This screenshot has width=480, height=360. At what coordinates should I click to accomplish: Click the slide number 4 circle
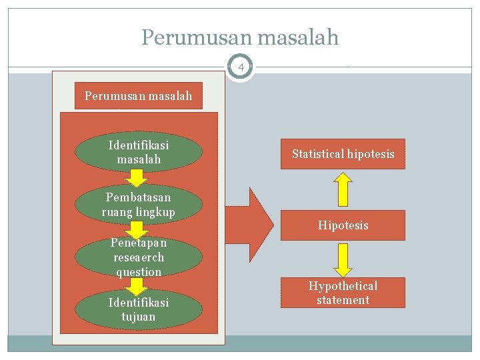pyautogui.click(x=240, y=67)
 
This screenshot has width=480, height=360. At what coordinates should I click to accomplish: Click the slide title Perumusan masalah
pyautogui.click(x=240, y=37)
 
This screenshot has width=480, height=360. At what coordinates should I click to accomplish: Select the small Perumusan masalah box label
pyautogui.click(x=138, y=96)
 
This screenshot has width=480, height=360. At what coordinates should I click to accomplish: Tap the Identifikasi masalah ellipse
pyautogui.click(x=138, y=152)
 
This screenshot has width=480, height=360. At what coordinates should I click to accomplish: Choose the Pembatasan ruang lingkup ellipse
pyautogui.click(x=138, y=205)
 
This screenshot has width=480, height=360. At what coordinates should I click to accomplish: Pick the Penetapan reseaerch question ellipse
pyautogui.click(x=138, y=257)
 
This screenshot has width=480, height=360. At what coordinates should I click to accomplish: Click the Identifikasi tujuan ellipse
pyautogui.click(x=138, y=309)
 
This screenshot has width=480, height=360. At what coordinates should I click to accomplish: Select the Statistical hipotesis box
pyautogui.click(x=343, y=154)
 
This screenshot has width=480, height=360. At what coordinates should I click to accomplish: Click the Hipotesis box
pyautogui.click(x=343, y=225)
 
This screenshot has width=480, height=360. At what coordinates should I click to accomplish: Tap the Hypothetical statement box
pyautogui.click(x=343, y=293)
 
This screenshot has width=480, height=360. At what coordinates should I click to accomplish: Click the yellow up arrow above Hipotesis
pyautogui.click(x=343, y=189)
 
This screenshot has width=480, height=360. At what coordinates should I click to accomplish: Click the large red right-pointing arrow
pyautogui.click(x=252, y=217)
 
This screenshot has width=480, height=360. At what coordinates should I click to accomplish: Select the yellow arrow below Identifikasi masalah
pyautogui.click(x=138, y=177)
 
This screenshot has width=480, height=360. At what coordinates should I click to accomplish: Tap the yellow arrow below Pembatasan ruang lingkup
pyautogui.click(x=138, y=230)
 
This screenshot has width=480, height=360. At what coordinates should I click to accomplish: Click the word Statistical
pyautogui.click(x=317, y=154)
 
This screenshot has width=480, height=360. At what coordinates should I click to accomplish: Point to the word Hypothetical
pyautogui.click(x=343, y=286)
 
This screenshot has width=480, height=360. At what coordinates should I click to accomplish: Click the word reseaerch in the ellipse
pyautogui.click(x=138, y=257)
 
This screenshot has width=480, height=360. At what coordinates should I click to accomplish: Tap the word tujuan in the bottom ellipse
pyautogui.click(x=138, y=317)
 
